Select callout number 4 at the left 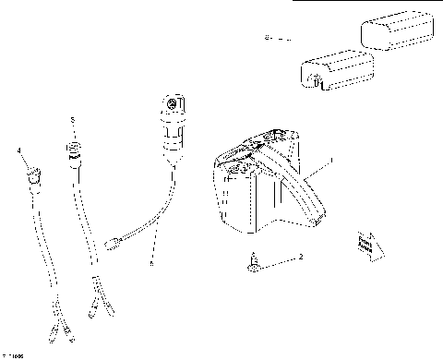pyautogui.click(x=18, y=149)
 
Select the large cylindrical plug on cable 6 pyautogui.click(x=172, y=126)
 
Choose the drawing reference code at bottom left pyautogui.click(x=14, y=354)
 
